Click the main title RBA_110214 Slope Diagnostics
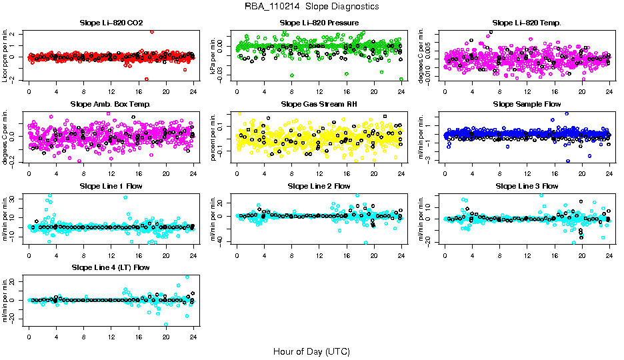(312, 7)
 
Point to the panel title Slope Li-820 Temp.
(527, 23)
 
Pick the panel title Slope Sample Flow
(527, 105)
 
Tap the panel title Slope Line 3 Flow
(527, 186)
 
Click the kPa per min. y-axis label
(214, 55)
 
